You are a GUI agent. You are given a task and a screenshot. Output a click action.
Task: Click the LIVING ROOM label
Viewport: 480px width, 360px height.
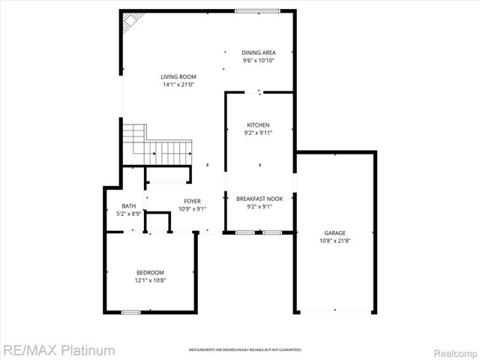[178, 76]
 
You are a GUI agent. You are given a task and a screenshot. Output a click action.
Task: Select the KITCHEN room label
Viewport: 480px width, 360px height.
[259, 125]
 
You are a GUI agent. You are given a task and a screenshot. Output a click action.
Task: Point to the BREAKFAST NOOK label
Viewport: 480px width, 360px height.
[259, 199]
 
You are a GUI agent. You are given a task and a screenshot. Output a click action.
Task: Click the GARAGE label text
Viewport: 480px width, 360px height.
[335, 233]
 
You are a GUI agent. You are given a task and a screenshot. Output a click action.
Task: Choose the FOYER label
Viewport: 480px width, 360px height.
[193, 201]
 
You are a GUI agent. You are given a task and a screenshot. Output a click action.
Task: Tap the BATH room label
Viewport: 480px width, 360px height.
[129, 206]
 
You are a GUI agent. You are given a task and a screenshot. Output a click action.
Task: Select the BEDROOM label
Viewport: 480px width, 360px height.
[150, 272]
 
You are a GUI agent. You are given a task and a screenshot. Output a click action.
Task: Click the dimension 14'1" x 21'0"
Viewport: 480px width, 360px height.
[178, 85]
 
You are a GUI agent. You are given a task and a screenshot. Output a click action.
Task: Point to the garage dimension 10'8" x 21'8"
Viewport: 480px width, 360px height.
[335, 241]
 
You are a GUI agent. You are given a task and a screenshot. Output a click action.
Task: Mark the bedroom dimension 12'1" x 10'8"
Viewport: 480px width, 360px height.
[150, 280]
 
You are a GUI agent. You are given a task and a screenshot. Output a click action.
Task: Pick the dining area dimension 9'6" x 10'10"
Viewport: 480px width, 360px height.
[258, 60]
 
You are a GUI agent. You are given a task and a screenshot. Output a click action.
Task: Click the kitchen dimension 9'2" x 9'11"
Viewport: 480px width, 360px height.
[259, 133]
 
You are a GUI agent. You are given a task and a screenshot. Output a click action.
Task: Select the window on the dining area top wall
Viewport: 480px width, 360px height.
[257, 10]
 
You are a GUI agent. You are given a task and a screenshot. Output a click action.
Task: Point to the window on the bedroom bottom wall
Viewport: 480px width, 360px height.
[130, 311]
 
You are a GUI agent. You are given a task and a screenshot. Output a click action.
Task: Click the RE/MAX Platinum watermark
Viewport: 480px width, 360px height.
[58, 349]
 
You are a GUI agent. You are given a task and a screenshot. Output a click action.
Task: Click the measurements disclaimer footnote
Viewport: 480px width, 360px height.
[244, 350]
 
